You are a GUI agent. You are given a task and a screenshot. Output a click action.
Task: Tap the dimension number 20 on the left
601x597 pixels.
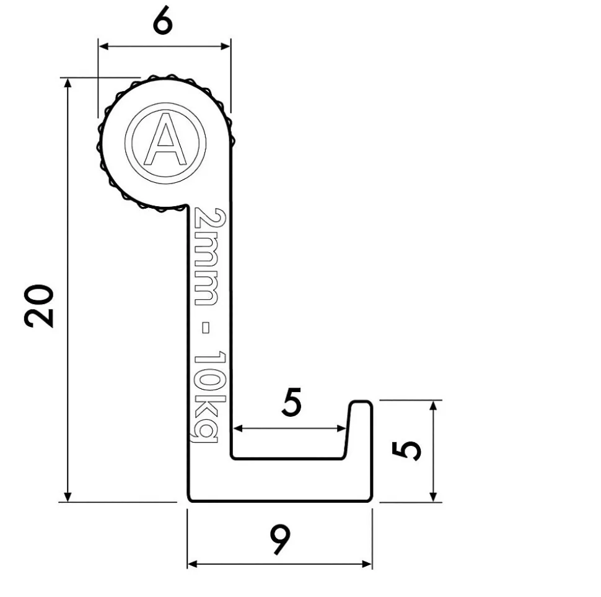38,306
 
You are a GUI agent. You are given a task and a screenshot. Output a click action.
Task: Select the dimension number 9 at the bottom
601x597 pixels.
280,539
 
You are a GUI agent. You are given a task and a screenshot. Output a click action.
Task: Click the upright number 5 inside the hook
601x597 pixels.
292,402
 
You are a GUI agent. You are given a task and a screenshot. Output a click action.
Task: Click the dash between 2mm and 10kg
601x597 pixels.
206,328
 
